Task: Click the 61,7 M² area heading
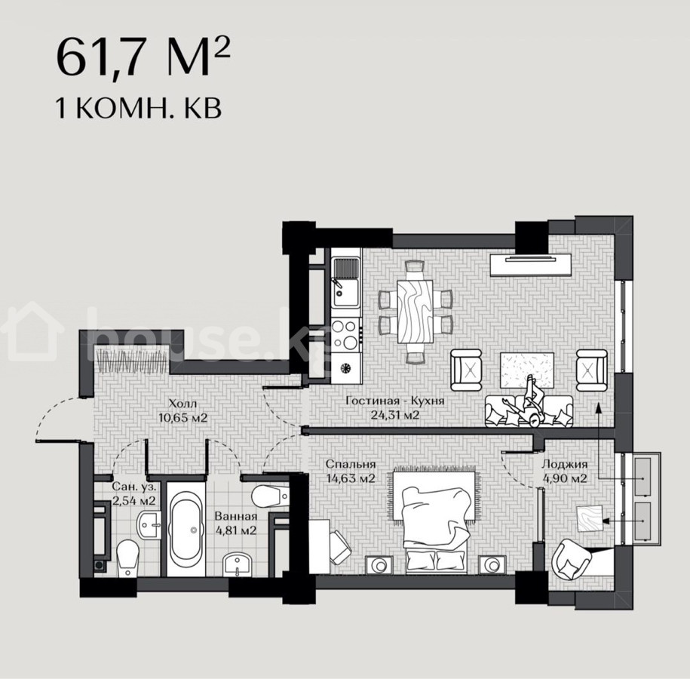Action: (143, 57)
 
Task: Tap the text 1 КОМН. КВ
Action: (138, 109)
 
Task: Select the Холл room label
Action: (182, 404)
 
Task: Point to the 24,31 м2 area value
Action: (394, 415)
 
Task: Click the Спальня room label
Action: (351, 464)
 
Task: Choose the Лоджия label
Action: (565, 464)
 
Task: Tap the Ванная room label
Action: (236, 517)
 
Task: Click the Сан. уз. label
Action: (133, 487)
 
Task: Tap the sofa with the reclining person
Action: (529, 410)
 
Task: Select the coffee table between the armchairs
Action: (527, 370)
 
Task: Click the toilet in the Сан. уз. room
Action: (127, 558)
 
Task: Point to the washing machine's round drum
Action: (346, 367)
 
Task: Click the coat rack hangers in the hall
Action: (132, 362)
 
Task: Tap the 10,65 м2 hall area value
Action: (182, 417)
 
